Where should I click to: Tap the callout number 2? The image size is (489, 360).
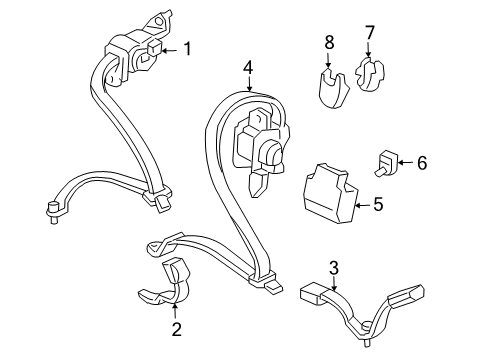pos(176,329)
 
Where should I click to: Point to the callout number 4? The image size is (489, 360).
pos(247,69)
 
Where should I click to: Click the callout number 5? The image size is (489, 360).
pos(377,205)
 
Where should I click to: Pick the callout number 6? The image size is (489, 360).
pos(421,162)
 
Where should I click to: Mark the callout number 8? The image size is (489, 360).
pos(329,42)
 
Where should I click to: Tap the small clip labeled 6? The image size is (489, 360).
pos(387,161)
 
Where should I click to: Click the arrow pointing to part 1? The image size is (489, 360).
pos(167,48)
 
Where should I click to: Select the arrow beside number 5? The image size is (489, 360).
pos(362,205)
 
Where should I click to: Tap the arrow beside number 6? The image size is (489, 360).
pos(406,162)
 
